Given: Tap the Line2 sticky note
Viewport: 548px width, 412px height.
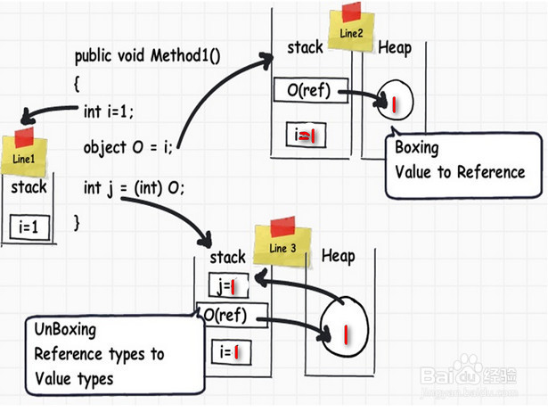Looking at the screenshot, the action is [x=351, y=29].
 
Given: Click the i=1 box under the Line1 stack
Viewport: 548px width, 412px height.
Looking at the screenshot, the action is [x=29, y=227].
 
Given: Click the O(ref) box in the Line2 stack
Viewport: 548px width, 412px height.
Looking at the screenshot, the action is [x=310, y=90].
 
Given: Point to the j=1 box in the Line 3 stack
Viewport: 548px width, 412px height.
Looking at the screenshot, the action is [x=229, y=285].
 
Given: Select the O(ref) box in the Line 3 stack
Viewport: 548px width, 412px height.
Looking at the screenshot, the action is [x=233, y=315].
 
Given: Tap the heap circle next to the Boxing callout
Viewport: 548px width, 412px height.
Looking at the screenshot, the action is [x=396, y=101].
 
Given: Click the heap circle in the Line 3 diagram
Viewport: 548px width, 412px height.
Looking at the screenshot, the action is [x=345, y=326].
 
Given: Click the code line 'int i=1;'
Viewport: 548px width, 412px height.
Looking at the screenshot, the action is [x=109, y=112].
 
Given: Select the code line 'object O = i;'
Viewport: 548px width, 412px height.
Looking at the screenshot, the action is [x=128, y=147].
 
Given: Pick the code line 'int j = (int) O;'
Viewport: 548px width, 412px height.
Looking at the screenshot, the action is [x=134, y=188].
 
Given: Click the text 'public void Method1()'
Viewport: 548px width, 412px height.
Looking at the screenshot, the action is [x=148, y=56].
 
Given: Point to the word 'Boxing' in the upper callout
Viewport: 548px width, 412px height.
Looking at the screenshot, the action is [x=417, y=148].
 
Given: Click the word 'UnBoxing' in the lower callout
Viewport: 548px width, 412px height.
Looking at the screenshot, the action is [x=65, y=330].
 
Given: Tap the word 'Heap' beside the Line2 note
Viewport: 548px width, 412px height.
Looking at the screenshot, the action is [x=395, y=48].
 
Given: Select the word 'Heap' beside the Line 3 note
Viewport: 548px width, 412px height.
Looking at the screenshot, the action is [x=339, y=256].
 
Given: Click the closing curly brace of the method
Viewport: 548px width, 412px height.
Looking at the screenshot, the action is [x=77, y=223].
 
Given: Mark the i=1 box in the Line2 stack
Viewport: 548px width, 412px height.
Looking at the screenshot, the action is [x=307, y=135].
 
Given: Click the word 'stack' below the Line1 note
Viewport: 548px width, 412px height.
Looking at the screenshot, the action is [x=29, y=187].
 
